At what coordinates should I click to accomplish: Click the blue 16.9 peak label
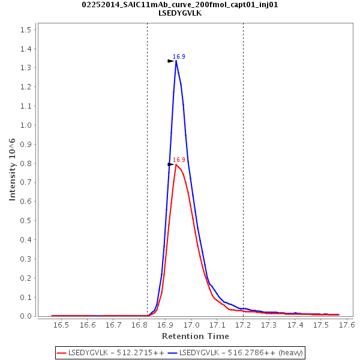179,56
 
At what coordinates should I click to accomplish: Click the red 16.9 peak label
179,160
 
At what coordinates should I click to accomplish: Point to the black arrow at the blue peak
170,61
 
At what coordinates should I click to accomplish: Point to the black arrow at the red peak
170,164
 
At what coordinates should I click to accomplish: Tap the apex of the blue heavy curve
176,61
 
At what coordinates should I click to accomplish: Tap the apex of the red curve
176,164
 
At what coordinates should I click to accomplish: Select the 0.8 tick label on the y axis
25,163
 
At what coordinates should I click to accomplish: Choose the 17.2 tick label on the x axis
243,325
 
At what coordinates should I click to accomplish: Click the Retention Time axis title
194,336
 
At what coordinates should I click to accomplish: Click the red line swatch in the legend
61,352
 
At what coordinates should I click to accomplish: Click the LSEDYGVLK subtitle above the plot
180,13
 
